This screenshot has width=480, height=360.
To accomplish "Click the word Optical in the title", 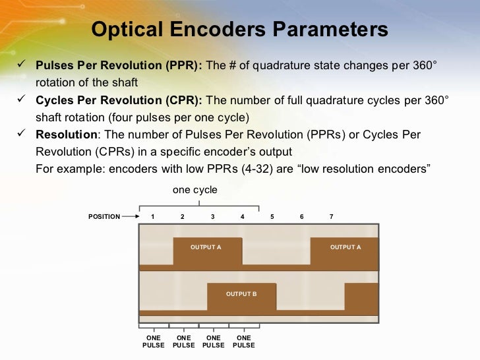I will click(129, 30).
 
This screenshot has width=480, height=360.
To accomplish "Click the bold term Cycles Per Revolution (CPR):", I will click(120, 100).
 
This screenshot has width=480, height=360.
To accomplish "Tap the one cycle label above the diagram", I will click(195, 190).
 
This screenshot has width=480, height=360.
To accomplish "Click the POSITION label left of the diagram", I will click(104, 216).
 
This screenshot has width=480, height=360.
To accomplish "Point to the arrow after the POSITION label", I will click(135, 216).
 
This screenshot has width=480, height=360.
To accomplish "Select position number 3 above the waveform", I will click(212, 216).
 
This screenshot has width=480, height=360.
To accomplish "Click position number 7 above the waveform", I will click(331, 216).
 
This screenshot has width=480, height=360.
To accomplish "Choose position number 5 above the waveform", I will click(272, 216).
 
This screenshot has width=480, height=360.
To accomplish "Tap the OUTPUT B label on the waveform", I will click(241, 294).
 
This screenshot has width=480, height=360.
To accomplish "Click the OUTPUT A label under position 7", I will click(345, 247).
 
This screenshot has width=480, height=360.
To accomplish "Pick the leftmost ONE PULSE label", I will click(154, 342).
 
